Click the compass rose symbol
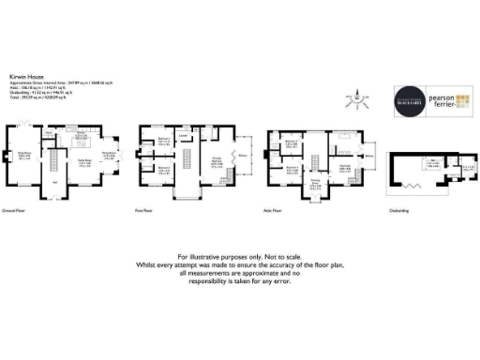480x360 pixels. (358, 97)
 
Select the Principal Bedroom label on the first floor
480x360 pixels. (216, 162)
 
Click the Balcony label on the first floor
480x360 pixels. (246, 155)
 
